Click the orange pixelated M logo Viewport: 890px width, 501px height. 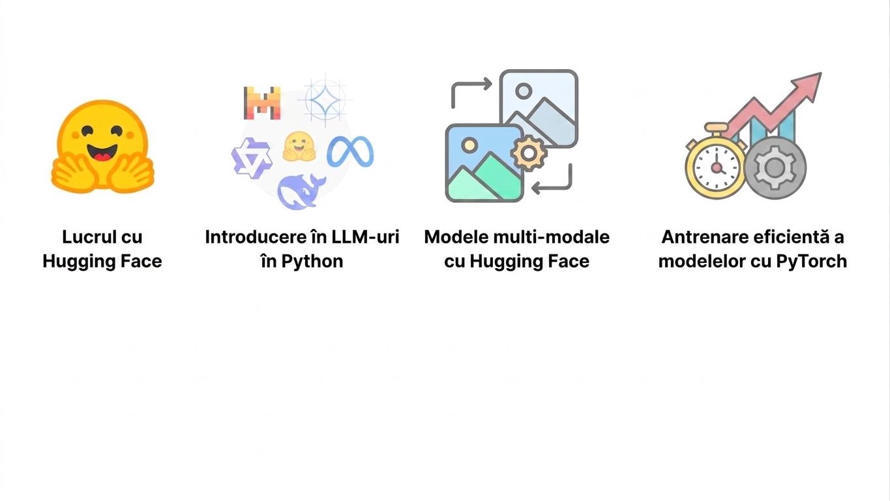pos(262,103)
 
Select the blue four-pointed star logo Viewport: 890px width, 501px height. pos(325,100)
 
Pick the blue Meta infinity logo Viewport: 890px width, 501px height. pos(350,152)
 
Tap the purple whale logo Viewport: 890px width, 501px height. pos(301,192)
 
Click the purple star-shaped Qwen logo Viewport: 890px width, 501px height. pos(252,158)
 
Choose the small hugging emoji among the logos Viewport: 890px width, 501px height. pos(299,147)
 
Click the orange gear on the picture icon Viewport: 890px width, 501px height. pos(528,153)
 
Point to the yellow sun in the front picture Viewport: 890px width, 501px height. pos(469,144)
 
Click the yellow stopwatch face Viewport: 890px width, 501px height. pos(716,168)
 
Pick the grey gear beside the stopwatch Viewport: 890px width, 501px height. pos(775,168)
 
